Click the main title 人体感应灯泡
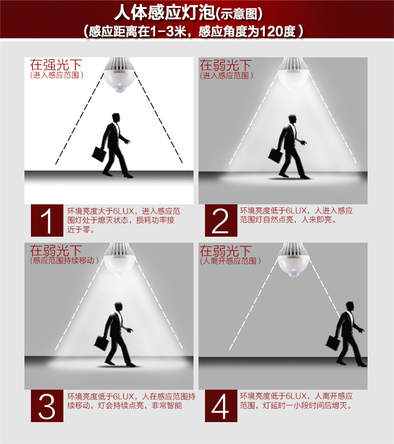(164, 13)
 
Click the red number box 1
(47, 220)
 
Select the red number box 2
(221, 220)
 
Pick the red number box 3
(47, 406)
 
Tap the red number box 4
(221, 406)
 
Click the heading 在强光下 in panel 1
(56, 65)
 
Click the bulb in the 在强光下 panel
(119, 75)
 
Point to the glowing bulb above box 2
(294, 74)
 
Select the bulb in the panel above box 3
(120, 260)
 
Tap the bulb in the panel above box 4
(294, 260)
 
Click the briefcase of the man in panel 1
(99, 154)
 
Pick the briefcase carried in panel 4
(333, 343)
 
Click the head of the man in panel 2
(293, 119)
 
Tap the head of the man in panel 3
(118, 307)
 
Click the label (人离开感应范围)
(230, 261)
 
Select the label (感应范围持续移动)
(64, 260)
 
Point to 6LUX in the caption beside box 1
(123, 211)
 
